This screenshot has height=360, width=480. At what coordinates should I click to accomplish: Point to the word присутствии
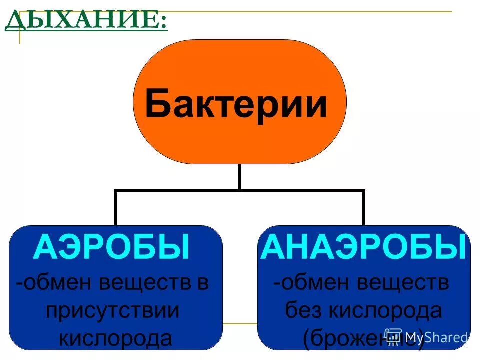112,311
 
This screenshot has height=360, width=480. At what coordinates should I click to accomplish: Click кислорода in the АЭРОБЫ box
115,338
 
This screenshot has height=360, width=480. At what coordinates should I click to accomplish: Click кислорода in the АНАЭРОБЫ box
385,311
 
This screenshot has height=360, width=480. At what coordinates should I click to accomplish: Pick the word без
302,311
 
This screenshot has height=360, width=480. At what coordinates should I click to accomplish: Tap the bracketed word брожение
364,338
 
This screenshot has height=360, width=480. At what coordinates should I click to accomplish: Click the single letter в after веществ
202,283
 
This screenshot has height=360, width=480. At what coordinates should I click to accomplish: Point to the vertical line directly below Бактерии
239,177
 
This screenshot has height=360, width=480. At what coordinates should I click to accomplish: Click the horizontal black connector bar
239,190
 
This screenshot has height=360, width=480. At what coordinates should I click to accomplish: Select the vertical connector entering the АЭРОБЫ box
116,209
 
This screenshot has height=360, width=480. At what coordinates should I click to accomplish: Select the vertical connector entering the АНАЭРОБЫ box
363,209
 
